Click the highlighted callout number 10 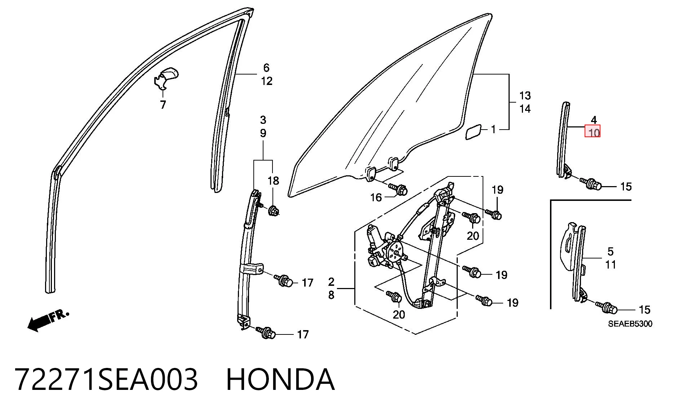pos(593,132)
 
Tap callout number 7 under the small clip pos(163,105)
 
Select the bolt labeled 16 pos(398,188)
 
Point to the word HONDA pos(280,379)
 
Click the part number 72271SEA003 pos(107,379)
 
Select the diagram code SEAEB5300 pos(630,324)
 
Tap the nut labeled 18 pos(273,210)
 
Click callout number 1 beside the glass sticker pos(493,129)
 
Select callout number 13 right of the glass pos(525,96)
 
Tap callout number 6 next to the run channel pos(266,68)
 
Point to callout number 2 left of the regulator pos(331,282)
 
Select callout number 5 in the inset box pos(610,251)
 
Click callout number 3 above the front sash pos(263,120)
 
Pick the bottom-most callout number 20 pos(399,315)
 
